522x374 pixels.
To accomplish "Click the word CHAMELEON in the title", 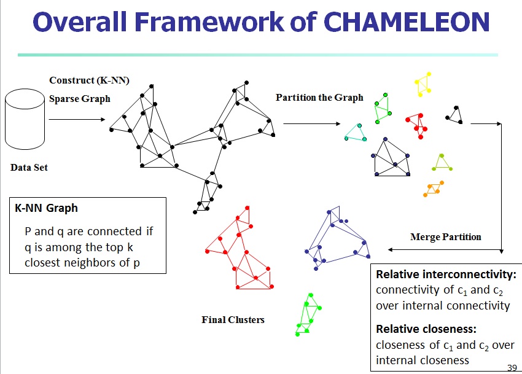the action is [x=407, y=22].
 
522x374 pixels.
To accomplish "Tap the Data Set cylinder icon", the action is [x=25, y=119].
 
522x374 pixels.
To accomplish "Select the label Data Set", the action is [x=29, y=167].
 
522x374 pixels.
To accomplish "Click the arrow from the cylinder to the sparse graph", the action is [x=77, y=119].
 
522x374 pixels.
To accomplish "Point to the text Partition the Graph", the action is [x=319, y=98].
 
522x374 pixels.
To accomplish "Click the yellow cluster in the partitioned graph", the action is [x=424, y=84].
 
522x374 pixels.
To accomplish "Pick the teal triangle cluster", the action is [x=356, y=133].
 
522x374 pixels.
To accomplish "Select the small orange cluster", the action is [x=434, y=189].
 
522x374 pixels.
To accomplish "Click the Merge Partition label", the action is [x=446, y=237].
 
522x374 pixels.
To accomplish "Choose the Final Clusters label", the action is [x=233, y=320].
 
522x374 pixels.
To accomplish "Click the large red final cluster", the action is [x=240, y=248].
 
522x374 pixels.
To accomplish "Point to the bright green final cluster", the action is [x=309, y=314].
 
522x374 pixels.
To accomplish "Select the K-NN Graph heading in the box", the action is [x=46, y=208].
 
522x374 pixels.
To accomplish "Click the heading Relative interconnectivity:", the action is [x=446, y=275].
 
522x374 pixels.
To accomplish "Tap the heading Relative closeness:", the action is [x=426, y=329].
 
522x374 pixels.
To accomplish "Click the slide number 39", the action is [x=512, y=368].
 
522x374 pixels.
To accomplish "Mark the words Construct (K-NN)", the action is [x=89, y=80].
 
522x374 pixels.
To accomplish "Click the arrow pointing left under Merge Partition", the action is [x=445, y=250].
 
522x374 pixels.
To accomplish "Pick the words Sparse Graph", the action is [x=80, y=99].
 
